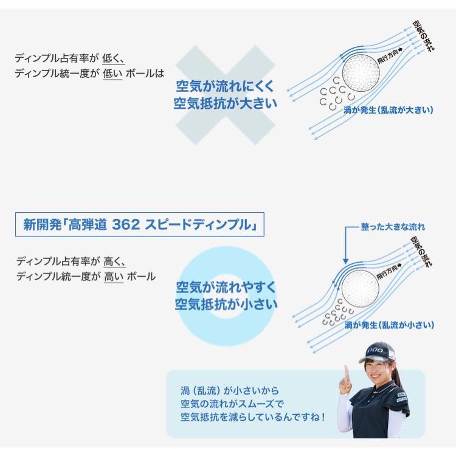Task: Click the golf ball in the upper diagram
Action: click(x=361, y=72)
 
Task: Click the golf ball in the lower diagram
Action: click(x=361, y=288)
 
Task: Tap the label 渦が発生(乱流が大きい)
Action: click(x=389, y=110)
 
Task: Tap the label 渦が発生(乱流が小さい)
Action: click(x=389, y=325)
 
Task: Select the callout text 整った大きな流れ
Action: click(x=393, y=227)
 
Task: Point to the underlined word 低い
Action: click(x=112, y=74)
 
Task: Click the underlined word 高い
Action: click(x=114, y=277)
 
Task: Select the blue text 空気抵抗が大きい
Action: click(x=226, y=103)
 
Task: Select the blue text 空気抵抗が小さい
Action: click(x=226, y=304)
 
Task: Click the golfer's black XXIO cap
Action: click(x=376, y=351)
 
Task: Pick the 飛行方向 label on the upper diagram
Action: click(x=389, y=55)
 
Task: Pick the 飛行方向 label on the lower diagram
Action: click(x=389, y=272)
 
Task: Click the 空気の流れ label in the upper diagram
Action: click(x=423, y=36)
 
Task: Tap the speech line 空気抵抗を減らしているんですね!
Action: click(x=252, y=417)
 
